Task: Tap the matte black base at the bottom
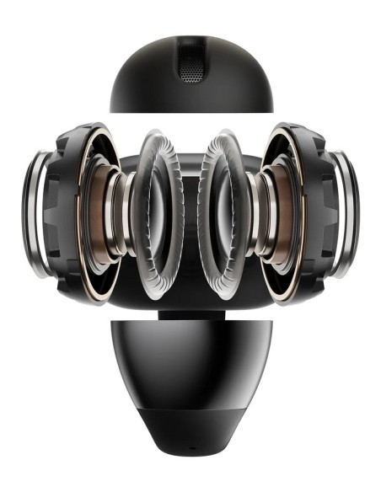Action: (190, 434)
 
